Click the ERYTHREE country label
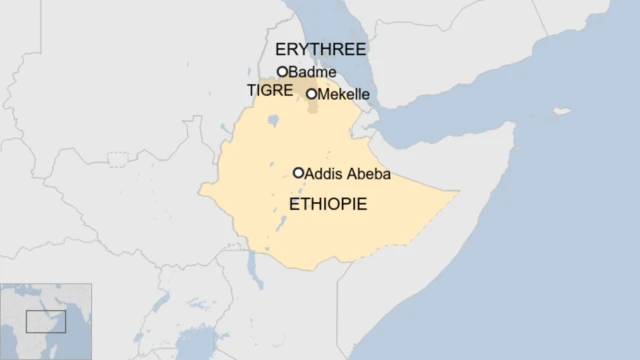tap(321, 49)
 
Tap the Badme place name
tap(312, 72)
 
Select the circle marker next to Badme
tap(282, 71)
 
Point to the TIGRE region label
tap(269, 90)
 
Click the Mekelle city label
tap(345, 95)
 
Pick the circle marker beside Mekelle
tap(311, 94)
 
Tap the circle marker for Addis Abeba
tap(298, 172)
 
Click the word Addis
tap(322, 175)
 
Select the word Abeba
tap(367, 175)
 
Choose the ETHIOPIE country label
tap(328, 204)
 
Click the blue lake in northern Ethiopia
tap(272, 122)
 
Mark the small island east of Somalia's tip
tap(562, 111)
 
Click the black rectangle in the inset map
tap(45, 321)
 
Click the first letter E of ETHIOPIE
tap(294, 204)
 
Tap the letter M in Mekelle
tap(323, 95)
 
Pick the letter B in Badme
tap(293, 72)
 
